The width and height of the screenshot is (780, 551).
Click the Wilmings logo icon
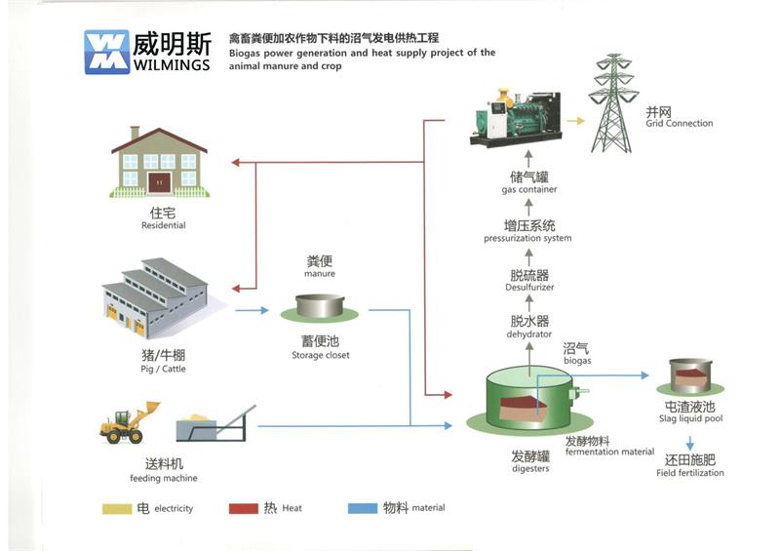(x=106, y=51)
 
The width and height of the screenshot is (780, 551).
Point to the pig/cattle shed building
(x=156, y=296)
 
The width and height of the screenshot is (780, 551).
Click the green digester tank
(x=529, y=397)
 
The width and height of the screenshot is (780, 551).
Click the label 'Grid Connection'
(x=679, y=124)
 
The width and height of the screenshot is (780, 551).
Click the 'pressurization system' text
(x=527, y=239)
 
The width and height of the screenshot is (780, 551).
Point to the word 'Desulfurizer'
(x=529, y=288)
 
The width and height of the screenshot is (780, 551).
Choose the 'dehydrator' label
(x=529, y=335)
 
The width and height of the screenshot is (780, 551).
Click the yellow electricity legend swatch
(x=117, y=508)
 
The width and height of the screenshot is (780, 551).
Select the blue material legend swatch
(x=362, y=508)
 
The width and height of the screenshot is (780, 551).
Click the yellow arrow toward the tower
(x=575, y=121)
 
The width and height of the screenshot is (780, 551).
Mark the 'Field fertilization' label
(x=690, y=473)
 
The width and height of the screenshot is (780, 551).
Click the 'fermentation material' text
(x=609, y=452)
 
